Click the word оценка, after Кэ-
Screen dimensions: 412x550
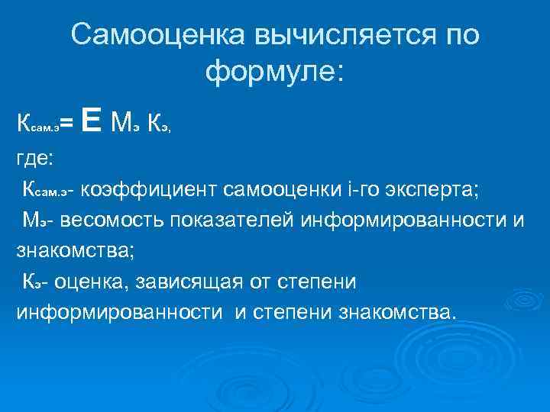(92, 282)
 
